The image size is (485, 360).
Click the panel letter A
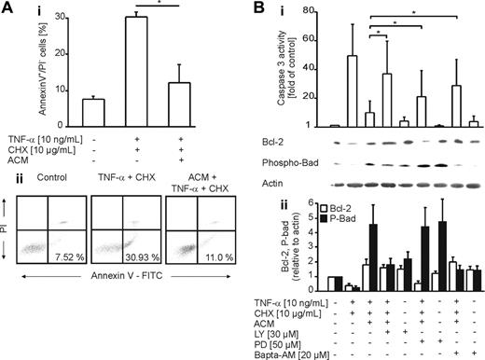tap(7, 8)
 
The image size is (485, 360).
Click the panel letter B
tap(250, 8)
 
